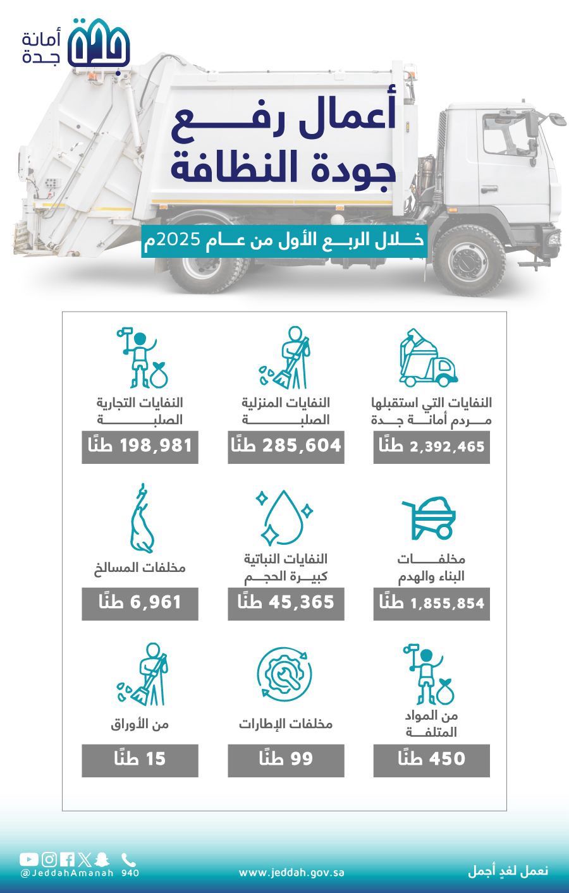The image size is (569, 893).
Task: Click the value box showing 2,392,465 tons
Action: (431, 447)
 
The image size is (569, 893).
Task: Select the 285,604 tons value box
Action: (286, 447)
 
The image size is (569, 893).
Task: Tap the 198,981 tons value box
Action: (140, 447)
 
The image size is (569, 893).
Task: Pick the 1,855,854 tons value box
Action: (431, 604)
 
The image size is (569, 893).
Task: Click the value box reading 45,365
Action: (286, 604)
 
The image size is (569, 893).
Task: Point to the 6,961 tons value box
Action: (140, 604)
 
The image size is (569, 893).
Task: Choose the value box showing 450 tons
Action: (431, 760)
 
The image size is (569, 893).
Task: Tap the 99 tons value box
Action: (286, 760)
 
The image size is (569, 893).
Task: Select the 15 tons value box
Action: (140, 760)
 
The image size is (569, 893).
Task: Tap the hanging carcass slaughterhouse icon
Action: (142, 518)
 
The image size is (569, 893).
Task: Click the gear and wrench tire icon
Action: (284, 674)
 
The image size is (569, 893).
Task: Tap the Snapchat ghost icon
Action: (103, 860)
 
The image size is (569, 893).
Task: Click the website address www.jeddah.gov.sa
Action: (291, 873)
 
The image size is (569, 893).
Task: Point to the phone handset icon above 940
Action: (129, 860)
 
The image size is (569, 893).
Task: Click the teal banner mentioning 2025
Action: (284, 241)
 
